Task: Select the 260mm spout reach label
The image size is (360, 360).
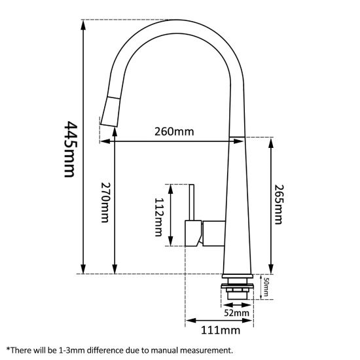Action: [173, 131]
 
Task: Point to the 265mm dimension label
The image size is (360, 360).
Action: [280, 202]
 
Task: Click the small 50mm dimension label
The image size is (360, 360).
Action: [266, 287]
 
